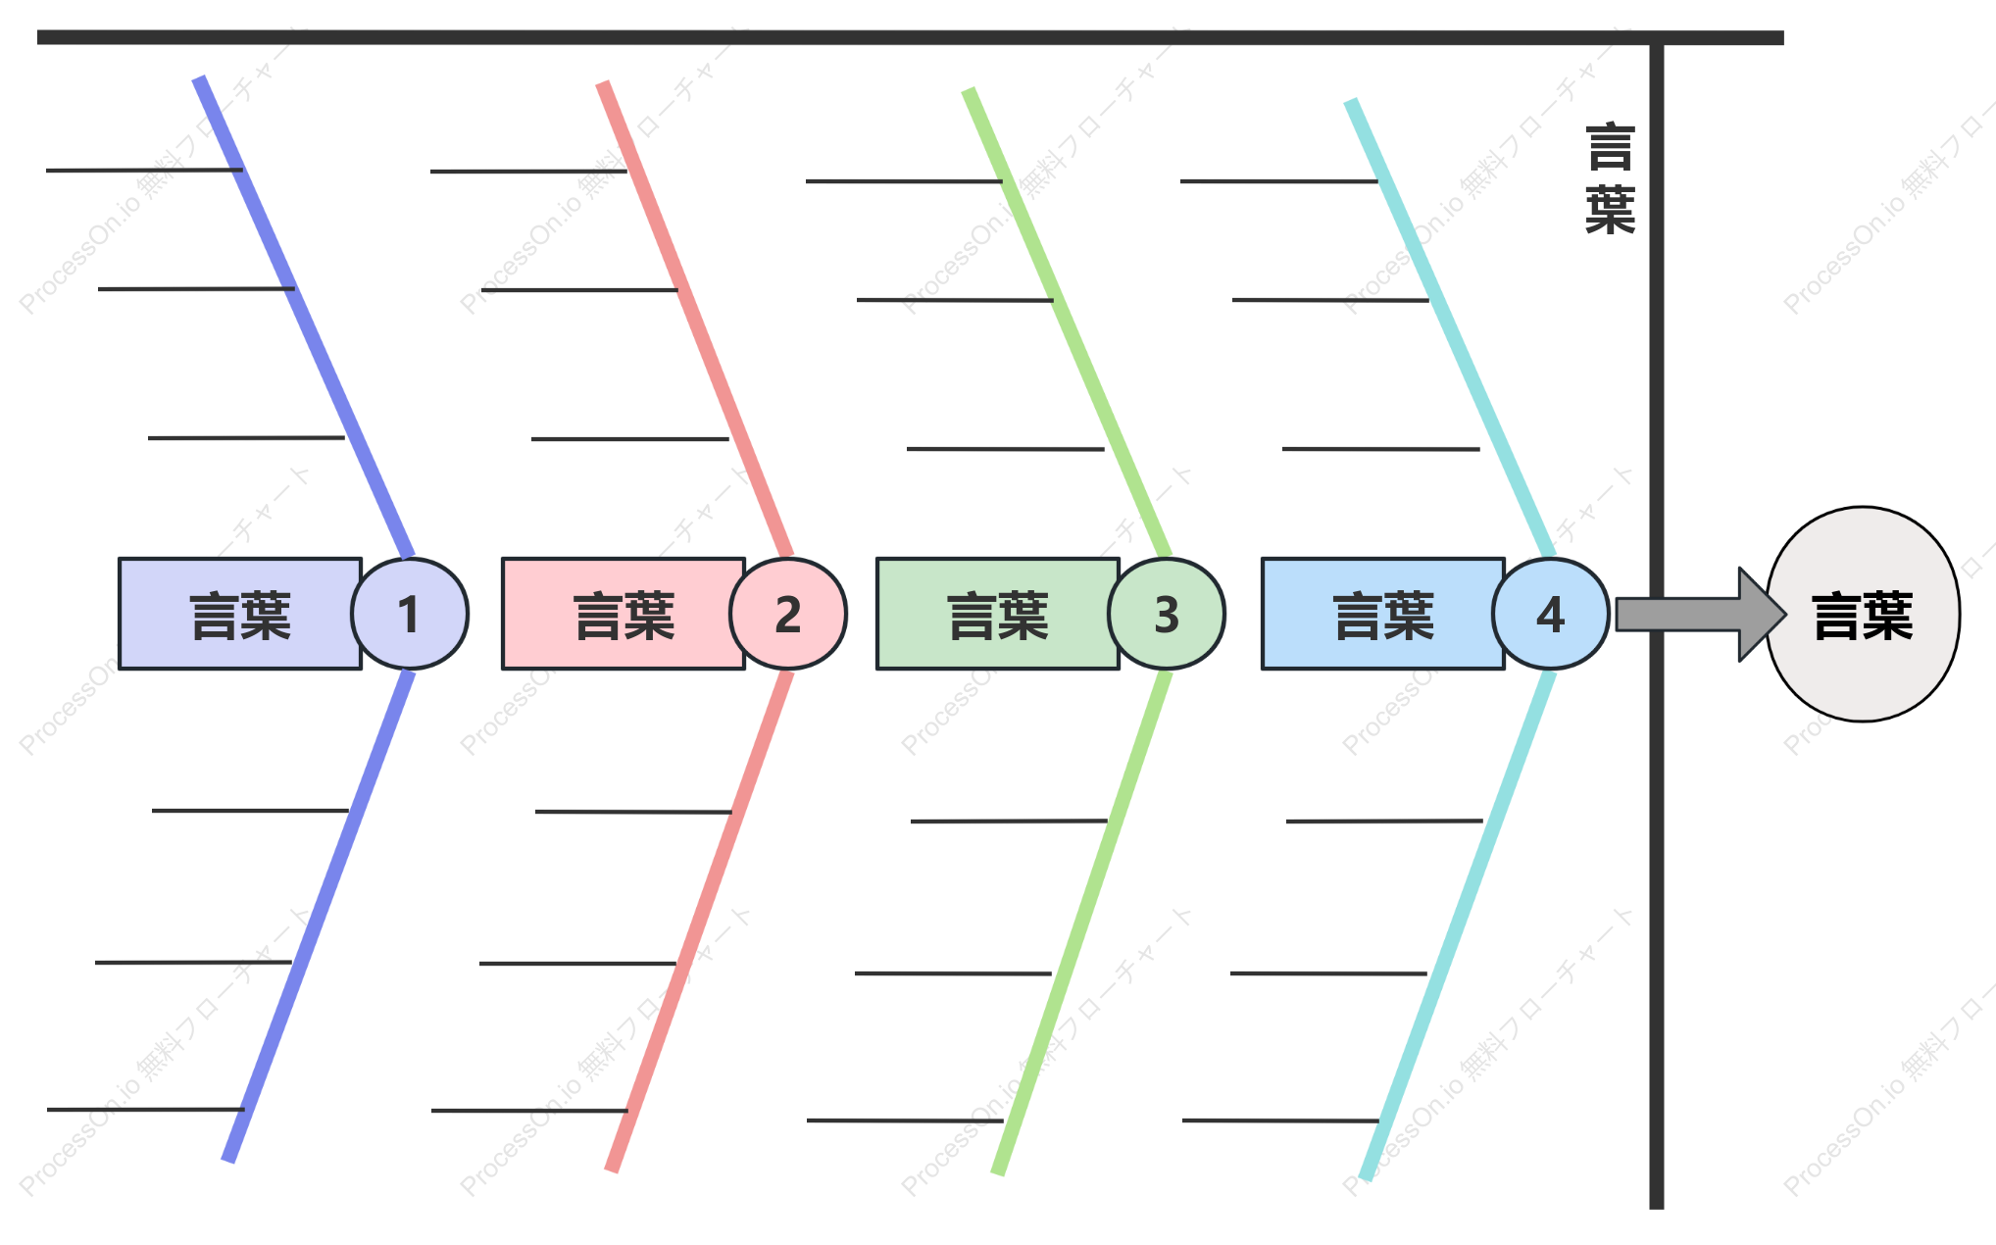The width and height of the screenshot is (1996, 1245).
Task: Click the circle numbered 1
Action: pos(410,614)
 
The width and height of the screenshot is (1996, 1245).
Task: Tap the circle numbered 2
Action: pos(788,614)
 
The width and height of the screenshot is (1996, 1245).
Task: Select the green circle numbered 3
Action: pos(1167,614)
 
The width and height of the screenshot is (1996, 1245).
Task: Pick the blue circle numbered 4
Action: pos(1551,614)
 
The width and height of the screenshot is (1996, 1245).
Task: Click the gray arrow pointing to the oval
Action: pos(1701,615)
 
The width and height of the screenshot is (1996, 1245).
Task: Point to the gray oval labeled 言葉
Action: pos(1863,615)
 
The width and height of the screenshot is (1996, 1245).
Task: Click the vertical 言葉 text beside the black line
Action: pos(1611,178)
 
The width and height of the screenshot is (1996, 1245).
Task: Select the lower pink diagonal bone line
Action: pos(700,921)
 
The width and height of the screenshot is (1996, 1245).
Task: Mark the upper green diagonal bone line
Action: pos(1068,324)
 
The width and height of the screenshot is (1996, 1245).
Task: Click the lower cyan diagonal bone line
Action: pos(1458,925)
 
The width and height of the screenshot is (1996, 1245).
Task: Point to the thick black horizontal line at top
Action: pos(911,37)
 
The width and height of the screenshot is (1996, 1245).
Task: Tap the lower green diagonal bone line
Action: pos(1081,922)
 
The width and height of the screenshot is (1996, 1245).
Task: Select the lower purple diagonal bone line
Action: pos(319,917)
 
